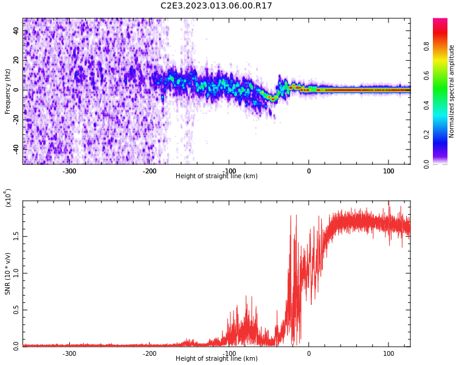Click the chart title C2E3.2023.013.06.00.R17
(x=216, y=6)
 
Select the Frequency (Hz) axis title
(x=8, y=91)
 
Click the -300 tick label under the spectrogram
(x=69, y=170)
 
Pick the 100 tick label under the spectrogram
(x=389, y=170)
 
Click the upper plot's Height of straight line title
(x=216, y=176)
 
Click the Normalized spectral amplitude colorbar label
(x=452, y=91)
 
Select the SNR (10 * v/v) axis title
(x=8, y=273)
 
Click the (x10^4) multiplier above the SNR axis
(x=8, y=198)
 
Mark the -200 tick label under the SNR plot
(x=150, y=353)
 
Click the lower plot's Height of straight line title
(x=216, y=359)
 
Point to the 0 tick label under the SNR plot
(x=309, y=353)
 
